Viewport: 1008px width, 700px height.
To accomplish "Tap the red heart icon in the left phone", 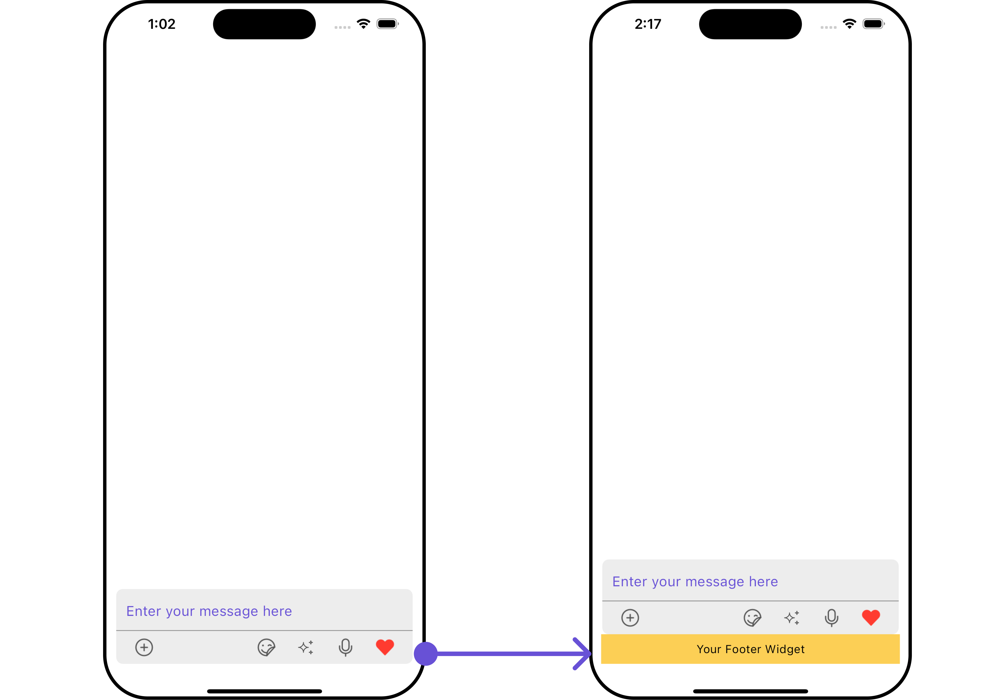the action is tap(385, 647).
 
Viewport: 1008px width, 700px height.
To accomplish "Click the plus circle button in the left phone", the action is tap(144, 647).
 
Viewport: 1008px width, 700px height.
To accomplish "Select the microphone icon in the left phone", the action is tap(345, 647).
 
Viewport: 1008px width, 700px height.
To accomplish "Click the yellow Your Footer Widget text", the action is tap(750, 649).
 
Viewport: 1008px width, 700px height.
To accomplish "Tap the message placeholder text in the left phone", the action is tap(209, 611).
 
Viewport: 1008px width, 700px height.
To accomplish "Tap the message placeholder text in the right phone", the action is tap(695, 582).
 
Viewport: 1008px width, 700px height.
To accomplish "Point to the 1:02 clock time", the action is tap(162, 24).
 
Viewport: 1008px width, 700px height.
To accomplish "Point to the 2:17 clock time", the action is tap(648, 24).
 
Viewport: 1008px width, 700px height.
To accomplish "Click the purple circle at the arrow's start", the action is tap(426, 654).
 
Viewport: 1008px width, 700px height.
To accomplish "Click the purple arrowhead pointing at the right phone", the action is tap(583, 654).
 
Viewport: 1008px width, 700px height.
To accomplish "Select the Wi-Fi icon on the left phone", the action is tap(363, 24).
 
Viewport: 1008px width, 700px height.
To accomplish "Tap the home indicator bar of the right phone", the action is tap(750, 691).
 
